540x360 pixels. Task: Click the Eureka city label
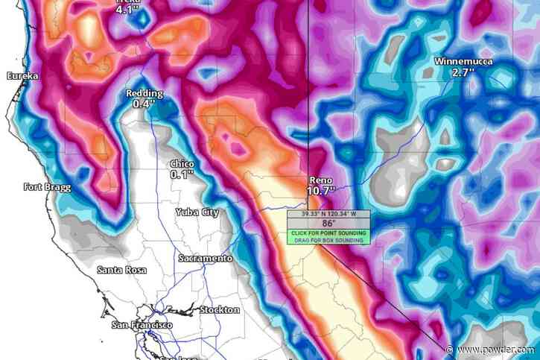coord(22,76)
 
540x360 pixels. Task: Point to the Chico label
coord(182,162)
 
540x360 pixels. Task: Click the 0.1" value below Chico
coord(182,174)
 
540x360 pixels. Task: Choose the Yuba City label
coord(197,212)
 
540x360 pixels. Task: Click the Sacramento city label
coord(205,258)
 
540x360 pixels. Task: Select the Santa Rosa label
coord(121,269)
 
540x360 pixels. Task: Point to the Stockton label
coord(219,309)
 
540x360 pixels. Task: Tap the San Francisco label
coord(142,326)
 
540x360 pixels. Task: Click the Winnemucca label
coord(463,62)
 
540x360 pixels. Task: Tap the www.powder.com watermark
coord(504,350)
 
